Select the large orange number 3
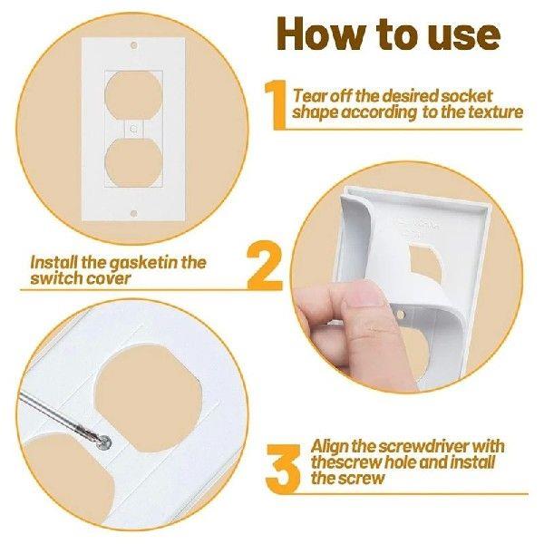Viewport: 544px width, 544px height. click(x=285, y=461)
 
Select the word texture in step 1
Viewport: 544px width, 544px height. click(x=491, y=112)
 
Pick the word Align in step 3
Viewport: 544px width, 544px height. click(x=331, y=445)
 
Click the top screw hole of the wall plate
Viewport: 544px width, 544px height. click(x=134, y=44)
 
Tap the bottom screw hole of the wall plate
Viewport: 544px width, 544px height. click(x=134, y=213)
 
